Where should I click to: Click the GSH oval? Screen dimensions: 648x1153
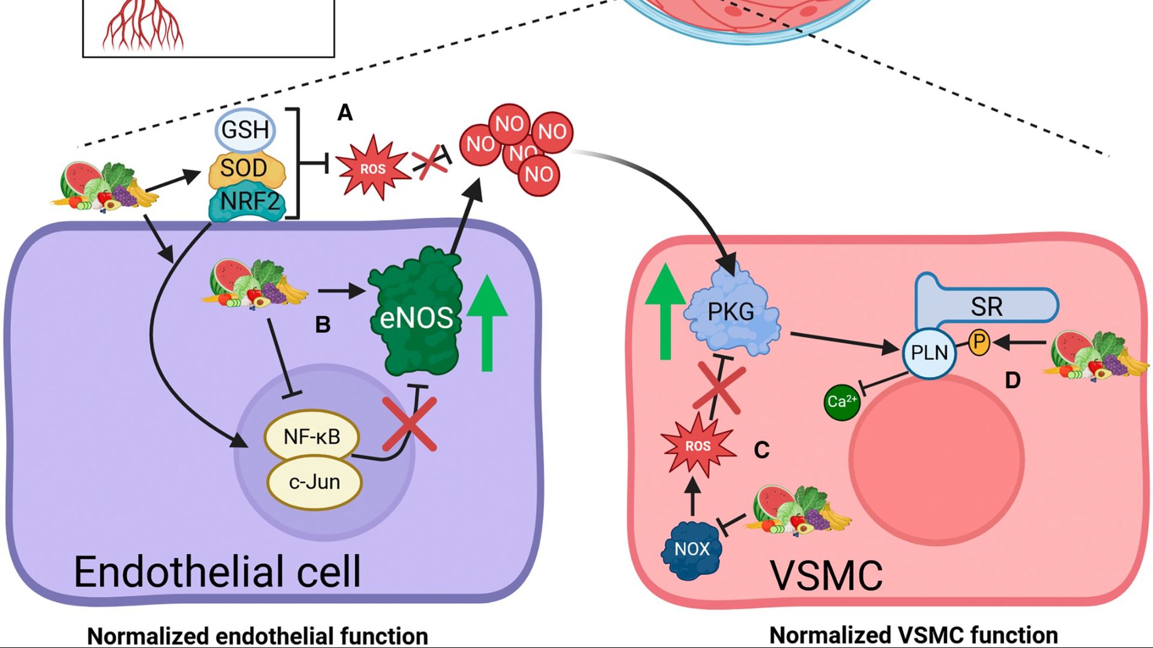point(245,130)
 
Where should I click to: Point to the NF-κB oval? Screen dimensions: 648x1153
point(312,437)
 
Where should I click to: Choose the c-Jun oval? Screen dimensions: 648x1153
point(314,482)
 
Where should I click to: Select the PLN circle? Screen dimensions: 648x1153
point(929,353)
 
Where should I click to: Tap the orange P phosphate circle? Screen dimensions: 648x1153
point(979,342)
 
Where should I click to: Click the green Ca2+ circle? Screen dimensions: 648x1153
point(841,401)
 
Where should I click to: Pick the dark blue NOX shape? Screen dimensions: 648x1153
point(692,548)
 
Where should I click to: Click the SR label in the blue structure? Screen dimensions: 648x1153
point(986,307)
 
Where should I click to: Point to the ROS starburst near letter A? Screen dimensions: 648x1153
point(372,169)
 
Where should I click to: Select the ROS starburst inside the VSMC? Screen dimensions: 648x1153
point(698,446)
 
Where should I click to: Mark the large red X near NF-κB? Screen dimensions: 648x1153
point(410,425)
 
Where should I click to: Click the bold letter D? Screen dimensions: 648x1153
point(1012,380)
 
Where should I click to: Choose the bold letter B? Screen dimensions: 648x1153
point(322,325)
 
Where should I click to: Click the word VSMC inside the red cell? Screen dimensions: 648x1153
point(826,576)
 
